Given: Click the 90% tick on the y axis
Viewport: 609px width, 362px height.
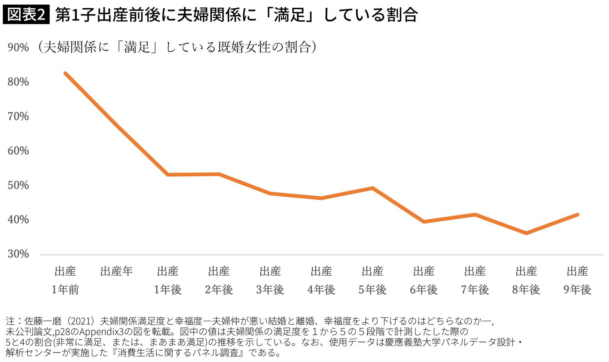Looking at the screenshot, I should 19,48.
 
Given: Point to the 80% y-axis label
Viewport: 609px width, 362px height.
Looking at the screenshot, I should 19,82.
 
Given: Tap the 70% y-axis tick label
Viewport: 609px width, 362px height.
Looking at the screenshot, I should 19,116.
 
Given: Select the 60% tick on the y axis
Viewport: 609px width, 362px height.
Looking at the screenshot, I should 19,151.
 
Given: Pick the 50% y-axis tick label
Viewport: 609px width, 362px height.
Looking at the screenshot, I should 19,185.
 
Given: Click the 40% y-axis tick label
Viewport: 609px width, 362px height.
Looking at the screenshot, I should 19,220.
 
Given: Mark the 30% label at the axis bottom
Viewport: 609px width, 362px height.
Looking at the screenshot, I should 19,254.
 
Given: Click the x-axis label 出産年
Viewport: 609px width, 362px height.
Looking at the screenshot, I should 116,272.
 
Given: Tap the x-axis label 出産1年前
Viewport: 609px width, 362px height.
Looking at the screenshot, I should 65,281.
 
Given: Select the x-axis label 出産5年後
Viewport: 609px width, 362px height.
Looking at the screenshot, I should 373,281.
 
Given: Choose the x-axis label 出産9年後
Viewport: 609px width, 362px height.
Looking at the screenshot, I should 578,281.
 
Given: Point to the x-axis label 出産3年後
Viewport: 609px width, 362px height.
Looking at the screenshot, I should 270,281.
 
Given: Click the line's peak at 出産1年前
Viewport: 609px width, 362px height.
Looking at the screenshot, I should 65,73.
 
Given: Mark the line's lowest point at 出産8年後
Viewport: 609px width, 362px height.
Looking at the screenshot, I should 526,233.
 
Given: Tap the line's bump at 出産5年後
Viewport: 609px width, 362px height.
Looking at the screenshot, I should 373,188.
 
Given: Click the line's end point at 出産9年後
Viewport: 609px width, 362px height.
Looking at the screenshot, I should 578,214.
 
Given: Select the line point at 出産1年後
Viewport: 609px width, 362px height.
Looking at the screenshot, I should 168,174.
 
